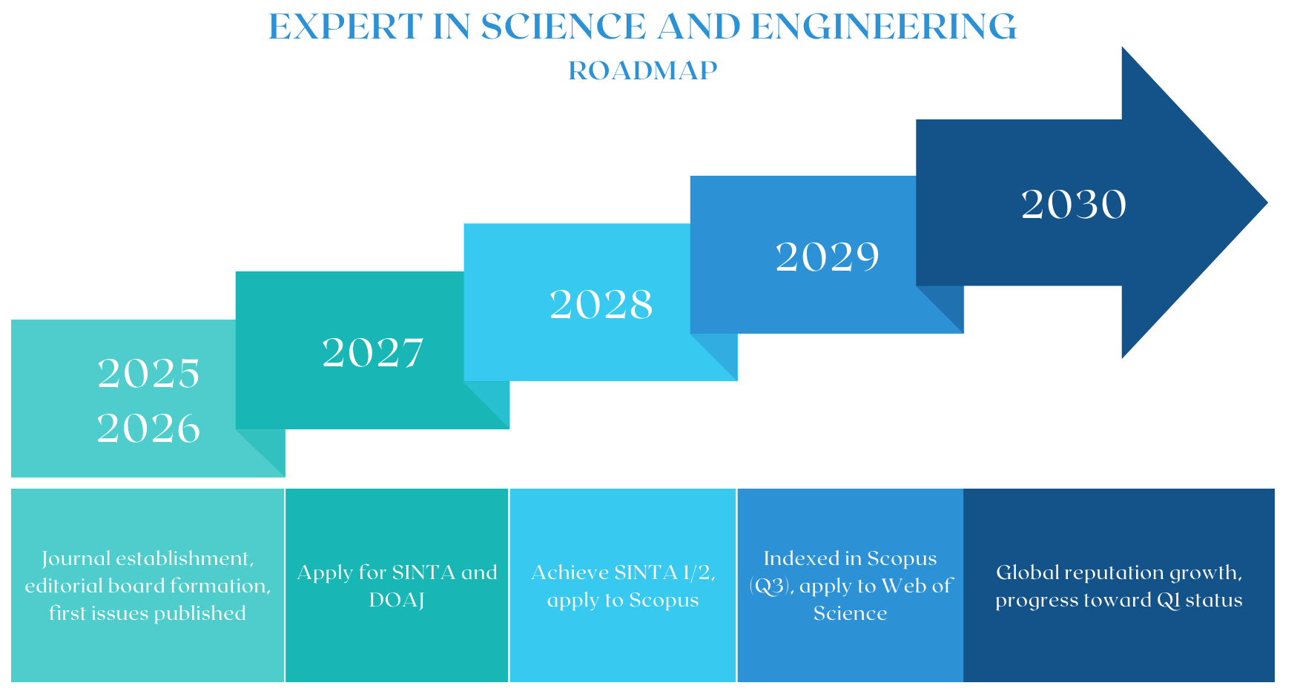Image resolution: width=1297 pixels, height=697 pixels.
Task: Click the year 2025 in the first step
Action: pos(148,373)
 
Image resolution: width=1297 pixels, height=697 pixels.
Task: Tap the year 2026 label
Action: pos(148,429)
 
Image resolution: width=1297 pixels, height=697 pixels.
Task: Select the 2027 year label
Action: pos(373,353)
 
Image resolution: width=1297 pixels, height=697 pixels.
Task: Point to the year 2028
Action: pos(601,305)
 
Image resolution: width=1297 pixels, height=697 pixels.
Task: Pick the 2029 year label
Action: pos(828,257)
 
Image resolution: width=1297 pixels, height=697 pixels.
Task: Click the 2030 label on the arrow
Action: pos(1074,205)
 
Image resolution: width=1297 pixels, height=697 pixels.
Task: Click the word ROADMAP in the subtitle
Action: pos(643,71)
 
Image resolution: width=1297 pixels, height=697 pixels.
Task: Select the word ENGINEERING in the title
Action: pos(883,27)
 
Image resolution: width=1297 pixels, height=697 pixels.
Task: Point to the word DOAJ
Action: pos(397,600)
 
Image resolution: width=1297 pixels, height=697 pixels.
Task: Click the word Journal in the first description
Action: pos(75,558)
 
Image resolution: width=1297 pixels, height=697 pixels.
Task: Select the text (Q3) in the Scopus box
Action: pos(771,587)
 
